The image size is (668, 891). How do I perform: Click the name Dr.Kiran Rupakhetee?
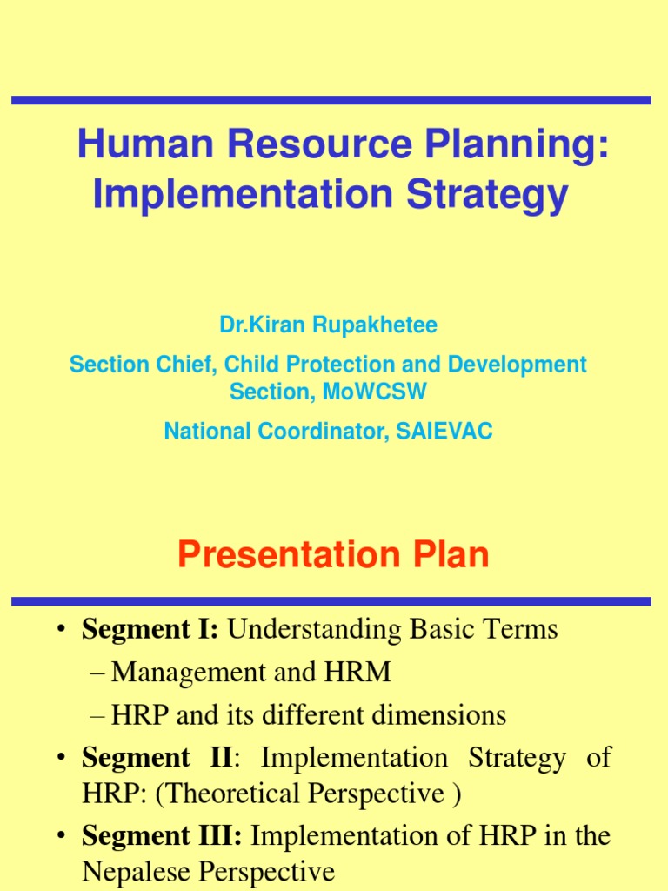pyautogui.click(x=328, y=325)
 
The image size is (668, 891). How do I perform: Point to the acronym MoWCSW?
pyautogui.click(x=375, y=392)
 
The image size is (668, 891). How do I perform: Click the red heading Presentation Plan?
pyautogui.click(x=333, y=555)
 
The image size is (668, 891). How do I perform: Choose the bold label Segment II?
pyautogui.click(x=157, y=757)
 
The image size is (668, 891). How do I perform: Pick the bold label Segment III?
pyautogui.click(x=163, y=835)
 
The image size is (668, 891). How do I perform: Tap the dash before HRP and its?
pyautogui.click(x=97, y=715)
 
